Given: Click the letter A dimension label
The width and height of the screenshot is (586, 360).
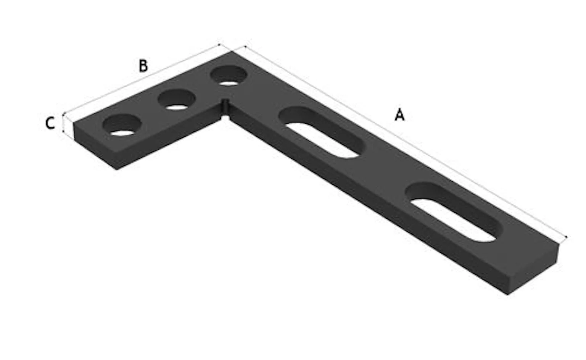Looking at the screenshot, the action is tap(399, 115).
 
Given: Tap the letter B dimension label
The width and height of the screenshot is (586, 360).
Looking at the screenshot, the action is tap(143, 66).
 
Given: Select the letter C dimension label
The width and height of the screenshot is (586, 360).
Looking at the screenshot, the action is tap(50, 123).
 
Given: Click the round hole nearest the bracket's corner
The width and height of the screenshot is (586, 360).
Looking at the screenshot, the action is tap(229, 76).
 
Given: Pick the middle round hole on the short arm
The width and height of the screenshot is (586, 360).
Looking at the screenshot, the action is tap(177, 100).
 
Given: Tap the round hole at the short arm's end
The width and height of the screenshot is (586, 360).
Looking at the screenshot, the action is tap(122, 125).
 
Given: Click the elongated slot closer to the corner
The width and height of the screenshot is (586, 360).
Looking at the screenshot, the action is tap(322, 132).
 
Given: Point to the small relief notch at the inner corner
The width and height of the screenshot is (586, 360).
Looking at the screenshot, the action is tap(225, 109).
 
